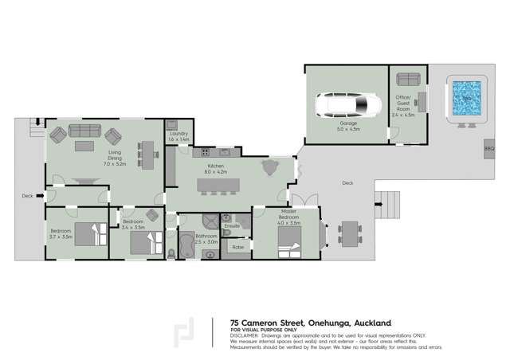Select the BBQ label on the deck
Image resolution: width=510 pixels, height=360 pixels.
[x=488, y=149]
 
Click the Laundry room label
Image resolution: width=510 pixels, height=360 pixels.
[x=179, y=135]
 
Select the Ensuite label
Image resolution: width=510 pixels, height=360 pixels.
[x=231, y=226]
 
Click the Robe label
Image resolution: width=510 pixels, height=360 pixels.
[x=237, y=248]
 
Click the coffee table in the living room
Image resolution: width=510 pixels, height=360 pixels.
[x=84, y=146]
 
